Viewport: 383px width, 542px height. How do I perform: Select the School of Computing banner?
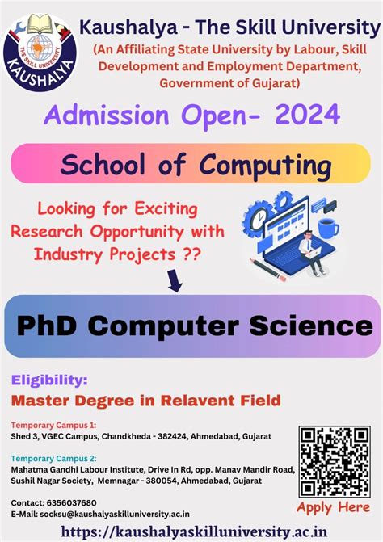point(191,164)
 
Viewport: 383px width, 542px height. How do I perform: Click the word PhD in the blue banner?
point(50,326)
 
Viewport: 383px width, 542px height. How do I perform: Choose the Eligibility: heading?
point(50,379)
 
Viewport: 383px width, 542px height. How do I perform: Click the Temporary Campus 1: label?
point(54,425)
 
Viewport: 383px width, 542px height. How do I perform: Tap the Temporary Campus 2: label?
point(54,458)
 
